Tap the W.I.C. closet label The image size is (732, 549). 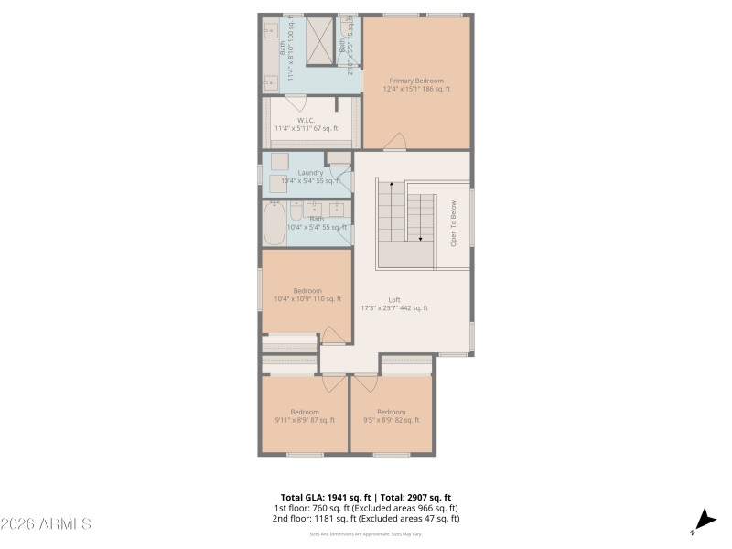(x=306, y=124)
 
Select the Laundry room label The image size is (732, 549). (x=309, y=177)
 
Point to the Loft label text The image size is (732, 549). (x=394, y=304)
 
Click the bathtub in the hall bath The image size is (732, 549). (x=274, y=223)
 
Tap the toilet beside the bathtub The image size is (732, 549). (x=296, y=210)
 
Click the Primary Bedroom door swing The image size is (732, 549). (x=394, y=142)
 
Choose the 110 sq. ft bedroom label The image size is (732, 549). (x=307, y=295)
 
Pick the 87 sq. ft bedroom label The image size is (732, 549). (x=305, y=416)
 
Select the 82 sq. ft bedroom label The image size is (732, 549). (x=391, y=416)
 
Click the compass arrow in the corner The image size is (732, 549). (x=703, y=519)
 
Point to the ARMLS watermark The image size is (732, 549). (x=46, y=524)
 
